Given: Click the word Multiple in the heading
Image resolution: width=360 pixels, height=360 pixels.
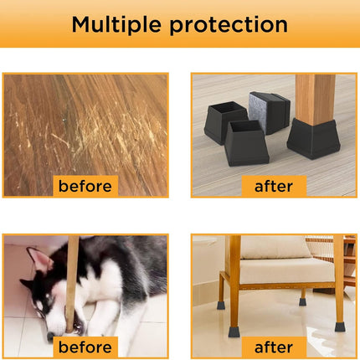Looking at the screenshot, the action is point(116,25).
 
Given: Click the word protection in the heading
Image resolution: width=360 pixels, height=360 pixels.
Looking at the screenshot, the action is point(229,25).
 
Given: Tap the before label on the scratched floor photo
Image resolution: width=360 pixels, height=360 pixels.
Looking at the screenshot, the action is point(85,186).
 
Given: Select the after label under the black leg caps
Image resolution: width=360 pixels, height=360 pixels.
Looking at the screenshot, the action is point(274,186).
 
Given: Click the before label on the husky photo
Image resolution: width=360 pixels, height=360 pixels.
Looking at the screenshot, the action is point(85,347).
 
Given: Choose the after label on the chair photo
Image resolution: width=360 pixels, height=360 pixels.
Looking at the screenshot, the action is point(274,347).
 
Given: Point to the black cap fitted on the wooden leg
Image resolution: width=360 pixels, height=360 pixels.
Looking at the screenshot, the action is point(313,139).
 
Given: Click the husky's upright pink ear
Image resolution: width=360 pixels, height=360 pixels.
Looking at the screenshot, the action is point(39,260).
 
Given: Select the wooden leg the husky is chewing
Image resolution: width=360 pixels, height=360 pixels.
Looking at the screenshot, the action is point(72,283).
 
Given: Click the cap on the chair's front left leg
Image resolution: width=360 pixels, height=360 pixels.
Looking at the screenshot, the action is point(234,332).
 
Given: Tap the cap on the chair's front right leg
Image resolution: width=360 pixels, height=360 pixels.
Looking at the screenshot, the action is point(340,327).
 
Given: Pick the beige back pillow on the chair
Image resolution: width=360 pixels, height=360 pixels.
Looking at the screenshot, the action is point(275,247).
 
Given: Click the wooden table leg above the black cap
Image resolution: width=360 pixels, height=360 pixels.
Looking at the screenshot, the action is point(315,100).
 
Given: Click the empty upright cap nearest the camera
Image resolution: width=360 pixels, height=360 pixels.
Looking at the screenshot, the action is point(246,143).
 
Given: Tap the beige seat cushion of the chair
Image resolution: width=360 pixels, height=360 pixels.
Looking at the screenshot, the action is point(286,270).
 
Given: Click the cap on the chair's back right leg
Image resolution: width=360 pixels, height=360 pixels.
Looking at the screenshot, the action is point(302,302).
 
